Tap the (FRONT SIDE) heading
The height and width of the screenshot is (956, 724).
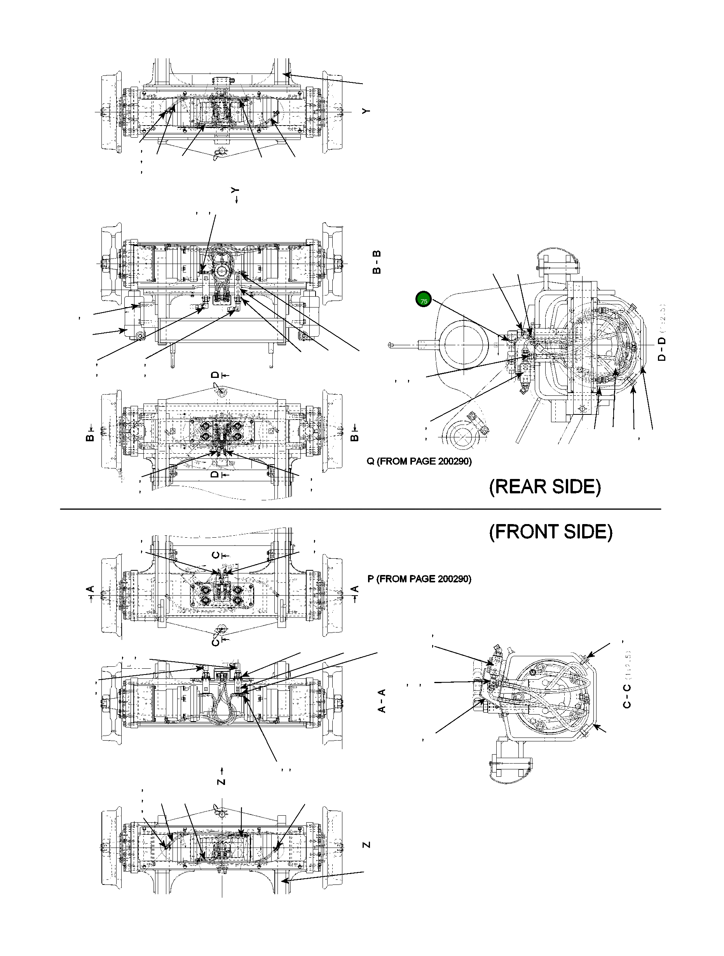point(550,531)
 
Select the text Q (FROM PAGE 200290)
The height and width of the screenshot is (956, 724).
point(419,461)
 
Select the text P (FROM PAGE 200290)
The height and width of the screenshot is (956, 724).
point(419,579)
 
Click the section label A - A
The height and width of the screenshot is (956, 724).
point(382,701)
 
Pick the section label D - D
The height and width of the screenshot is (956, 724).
point(661,349)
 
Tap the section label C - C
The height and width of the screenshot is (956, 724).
point(627,696)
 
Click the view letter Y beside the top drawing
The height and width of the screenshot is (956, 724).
point(366,111)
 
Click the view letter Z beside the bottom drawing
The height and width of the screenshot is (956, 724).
point(366,844)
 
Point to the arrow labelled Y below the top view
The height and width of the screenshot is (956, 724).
point(236,195)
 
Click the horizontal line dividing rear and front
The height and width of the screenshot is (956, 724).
point(360,509)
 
